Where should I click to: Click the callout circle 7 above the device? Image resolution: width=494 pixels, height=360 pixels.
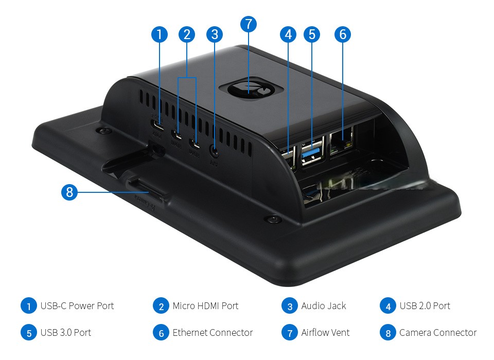click(x=248, y=24)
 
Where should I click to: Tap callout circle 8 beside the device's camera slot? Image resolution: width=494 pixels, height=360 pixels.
click(x=69, y=193)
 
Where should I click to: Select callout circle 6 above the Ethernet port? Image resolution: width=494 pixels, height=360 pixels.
click(x=342, y=34)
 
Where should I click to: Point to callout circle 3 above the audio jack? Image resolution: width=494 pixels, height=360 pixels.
click(x=214, y=34)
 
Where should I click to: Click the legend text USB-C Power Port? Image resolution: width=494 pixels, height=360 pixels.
click(x=77, y=306)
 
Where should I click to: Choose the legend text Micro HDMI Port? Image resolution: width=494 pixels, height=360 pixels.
click(x=205, y=306)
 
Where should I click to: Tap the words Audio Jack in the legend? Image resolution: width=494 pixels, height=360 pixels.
click(x=324, y=306)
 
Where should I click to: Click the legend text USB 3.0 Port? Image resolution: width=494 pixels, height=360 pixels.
click(x=66, y=333)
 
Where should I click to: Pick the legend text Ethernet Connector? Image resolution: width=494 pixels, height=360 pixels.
click(x=213, y=333)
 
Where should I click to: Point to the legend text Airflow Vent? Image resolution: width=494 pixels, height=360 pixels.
click(x=325, y=333)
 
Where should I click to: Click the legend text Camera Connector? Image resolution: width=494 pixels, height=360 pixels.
click(x=438, y=333)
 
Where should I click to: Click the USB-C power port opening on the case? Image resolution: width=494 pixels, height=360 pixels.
click(x=157, y=125)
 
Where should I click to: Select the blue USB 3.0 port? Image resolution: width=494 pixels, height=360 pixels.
click(x=311, y=154)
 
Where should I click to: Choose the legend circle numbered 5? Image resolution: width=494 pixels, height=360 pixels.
click(x=29, y=333)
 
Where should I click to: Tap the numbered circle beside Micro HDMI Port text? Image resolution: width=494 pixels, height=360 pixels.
click(x=161, y=306)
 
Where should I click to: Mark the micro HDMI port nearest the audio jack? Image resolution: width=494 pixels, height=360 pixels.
click(x=194, y=142)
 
